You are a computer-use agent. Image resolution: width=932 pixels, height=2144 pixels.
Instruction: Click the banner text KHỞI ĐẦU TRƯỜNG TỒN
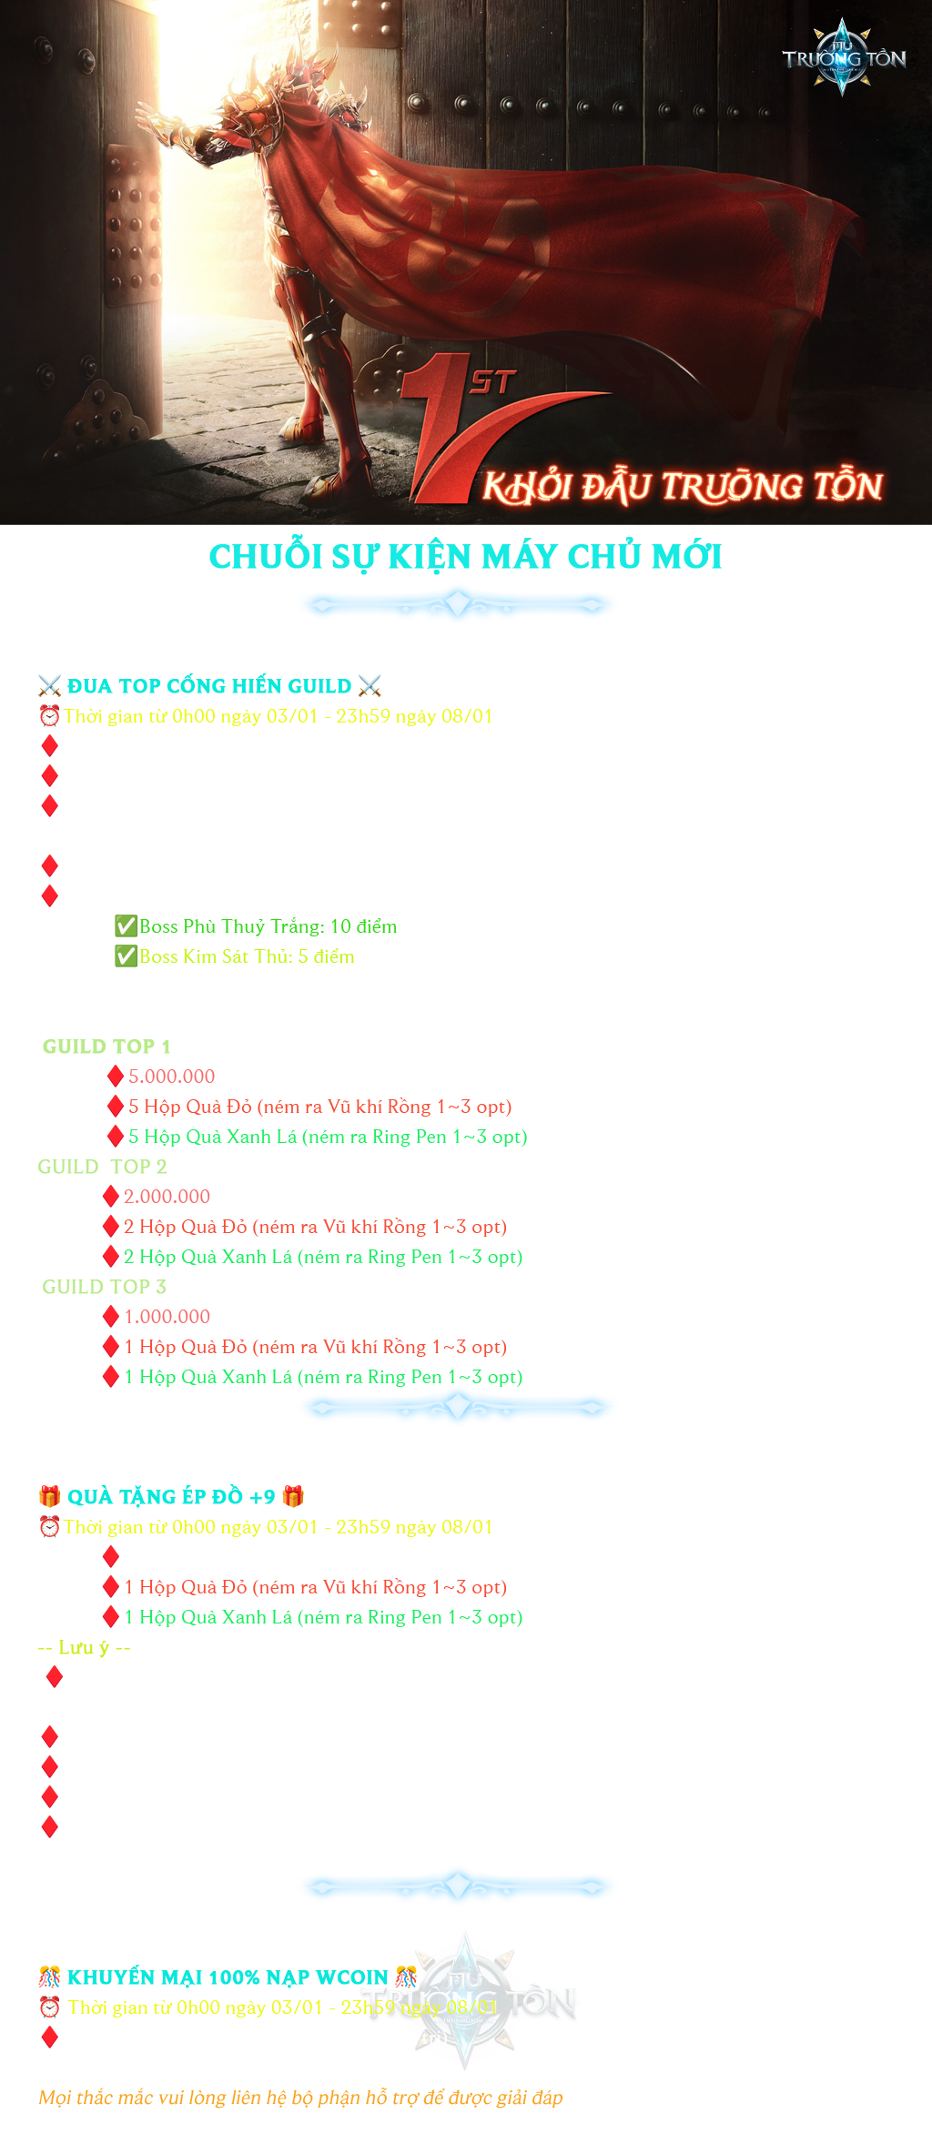pos(683,487)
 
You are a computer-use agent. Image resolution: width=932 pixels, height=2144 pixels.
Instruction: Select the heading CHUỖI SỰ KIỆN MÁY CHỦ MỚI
pos(465,557)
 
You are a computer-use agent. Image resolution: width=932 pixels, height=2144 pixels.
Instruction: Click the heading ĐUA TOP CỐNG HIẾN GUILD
pos(209,686)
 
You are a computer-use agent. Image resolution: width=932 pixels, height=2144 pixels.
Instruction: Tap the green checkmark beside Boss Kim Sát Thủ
pos(125,956)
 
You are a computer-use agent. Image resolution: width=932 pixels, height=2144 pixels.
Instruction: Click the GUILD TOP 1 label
pos(106,1047)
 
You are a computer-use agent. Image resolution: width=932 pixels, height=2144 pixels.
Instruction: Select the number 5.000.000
pos(171,1077)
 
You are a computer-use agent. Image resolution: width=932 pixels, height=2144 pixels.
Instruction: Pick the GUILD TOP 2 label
pos(102,1167)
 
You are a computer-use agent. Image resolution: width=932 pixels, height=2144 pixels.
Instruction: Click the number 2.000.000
pos(167,1197)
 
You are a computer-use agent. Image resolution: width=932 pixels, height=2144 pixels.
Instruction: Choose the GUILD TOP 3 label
pos(104,1287)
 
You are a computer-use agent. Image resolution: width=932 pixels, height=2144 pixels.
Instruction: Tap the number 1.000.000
pos(167,1317)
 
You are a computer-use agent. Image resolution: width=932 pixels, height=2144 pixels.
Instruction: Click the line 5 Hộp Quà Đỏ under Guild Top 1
pos(319,1107)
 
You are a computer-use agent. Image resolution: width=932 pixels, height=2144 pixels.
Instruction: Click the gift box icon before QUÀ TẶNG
pos(49,1497)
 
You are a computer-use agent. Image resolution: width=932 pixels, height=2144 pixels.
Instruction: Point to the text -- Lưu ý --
pos(84,1647)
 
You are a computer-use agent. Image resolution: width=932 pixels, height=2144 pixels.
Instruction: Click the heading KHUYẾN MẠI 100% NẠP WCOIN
pos(228,1977)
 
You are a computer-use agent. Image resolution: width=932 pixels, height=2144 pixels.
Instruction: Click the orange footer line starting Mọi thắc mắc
pos(300,2098)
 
